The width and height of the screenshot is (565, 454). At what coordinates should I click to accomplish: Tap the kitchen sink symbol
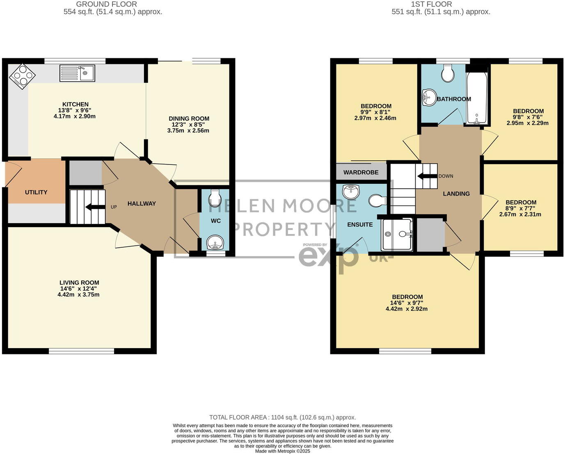[77, 73]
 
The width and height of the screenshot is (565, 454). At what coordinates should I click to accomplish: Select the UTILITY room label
[36, 192]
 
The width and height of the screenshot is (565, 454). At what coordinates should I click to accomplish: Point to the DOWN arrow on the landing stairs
[427, 176]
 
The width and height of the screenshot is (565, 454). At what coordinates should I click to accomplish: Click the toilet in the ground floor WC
[215, 198]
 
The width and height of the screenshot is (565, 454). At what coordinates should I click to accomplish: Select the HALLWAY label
[142, 203]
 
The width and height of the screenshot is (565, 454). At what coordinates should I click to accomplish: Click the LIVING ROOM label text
[79, 283]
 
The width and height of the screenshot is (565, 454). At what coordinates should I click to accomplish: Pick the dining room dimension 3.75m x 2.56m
[188, 131]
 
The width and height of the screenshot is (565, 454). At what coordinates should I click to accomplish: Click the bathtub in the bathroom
[477, 98]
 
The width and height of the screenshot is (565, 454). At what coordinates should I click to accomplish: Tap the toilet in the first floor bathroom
[447, 74]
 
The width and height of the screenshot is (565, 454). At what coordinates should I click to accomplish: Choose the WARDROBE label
[361, 172]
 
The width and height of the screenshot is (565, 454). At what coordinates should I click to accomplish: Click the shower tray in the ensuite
[396, 235]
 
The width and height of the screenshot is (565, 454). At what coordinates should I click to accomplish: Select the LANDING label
[456, 194]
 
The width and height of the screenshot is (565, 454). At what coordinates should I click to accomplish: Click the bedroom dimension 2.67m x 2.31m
[520, 214]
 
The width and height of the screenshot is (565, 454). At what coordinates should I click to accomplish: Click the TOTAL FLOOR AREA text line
[282, 417]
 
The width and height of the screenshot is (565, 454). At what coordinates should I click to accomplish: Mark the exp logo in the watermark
[328, 257]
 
